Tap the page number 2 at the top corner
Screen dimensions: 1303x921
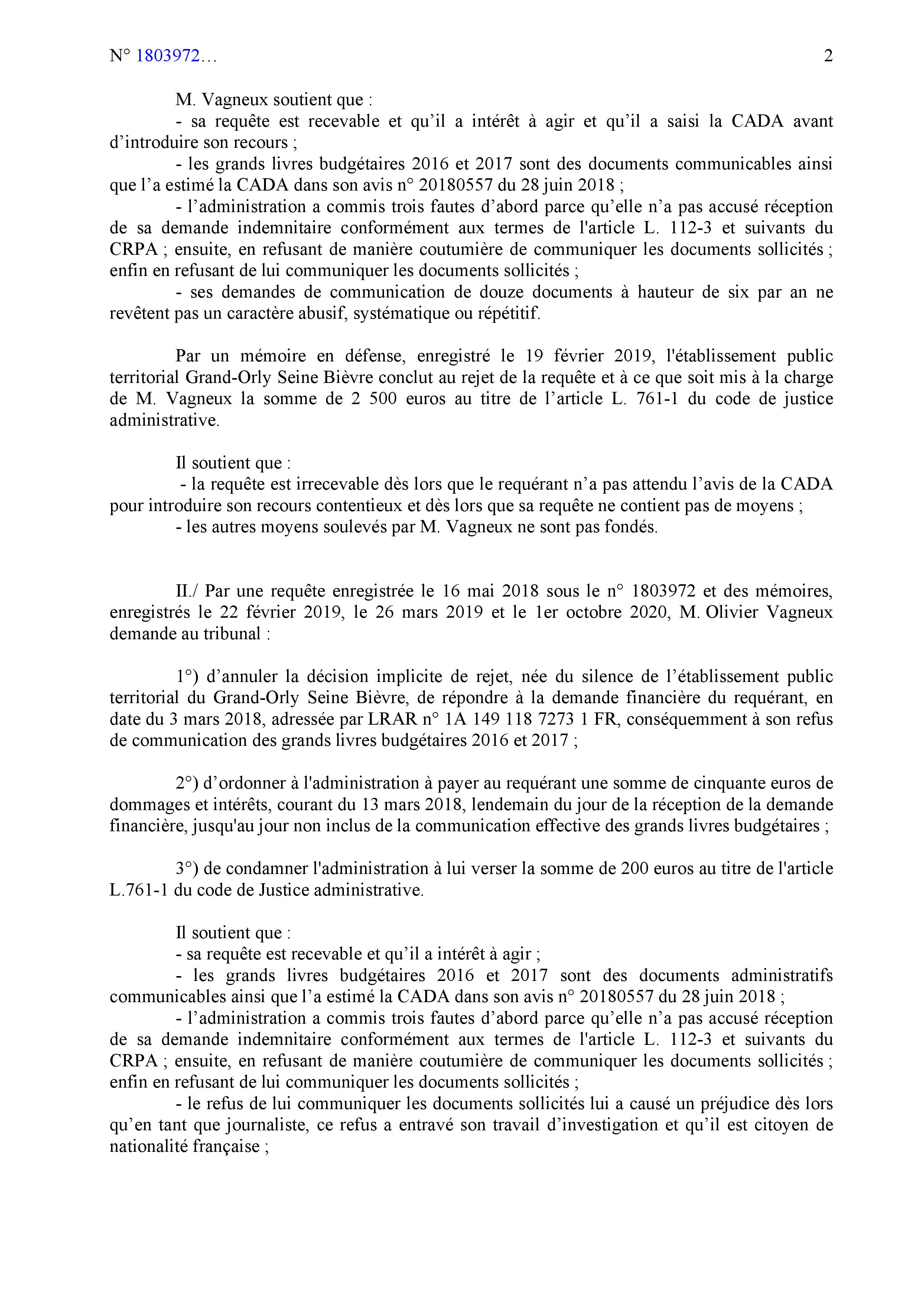pyautogui.click(x=828, y=56)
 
